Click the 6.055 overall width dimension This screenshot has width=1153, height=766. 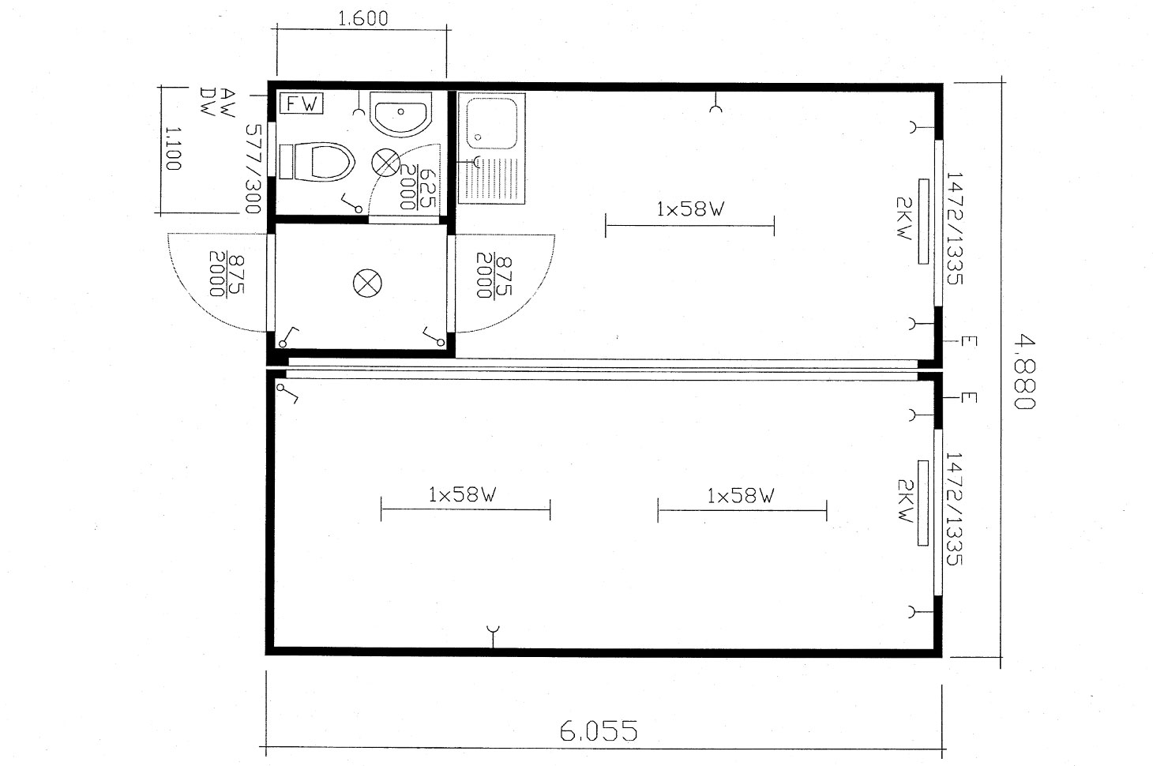598,731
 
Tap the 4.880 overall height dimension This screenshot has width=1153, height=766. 1023,372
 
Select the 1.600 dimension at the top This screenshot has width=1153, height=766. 363,18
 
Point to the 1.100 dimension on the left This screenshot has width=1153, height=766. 173,148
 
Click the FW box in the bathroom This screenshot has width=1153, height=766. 301,103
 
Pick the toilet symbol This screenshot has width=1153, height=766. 317,161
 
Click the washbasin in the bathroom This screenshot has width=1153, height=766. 400,115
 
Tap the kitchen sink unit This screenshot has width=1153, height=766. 491,148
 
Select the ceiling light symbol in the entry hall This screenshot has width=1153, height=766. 367,283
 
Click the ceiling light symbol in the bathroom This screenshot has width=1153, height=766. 386,162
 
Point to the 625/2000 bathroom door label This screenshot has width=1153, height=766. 418,187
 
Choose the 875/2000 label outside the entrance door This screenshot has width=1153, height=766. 226,274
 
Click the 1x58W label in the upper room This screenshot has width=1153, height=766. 690,209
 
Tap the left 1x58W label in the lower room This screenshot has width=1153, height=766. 462,494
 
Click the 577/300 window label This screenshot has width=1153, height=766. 254,169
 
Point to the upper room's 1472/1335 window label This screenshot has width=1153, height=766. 954,228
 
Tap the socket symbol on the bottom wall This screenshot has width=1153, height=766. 493,636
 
